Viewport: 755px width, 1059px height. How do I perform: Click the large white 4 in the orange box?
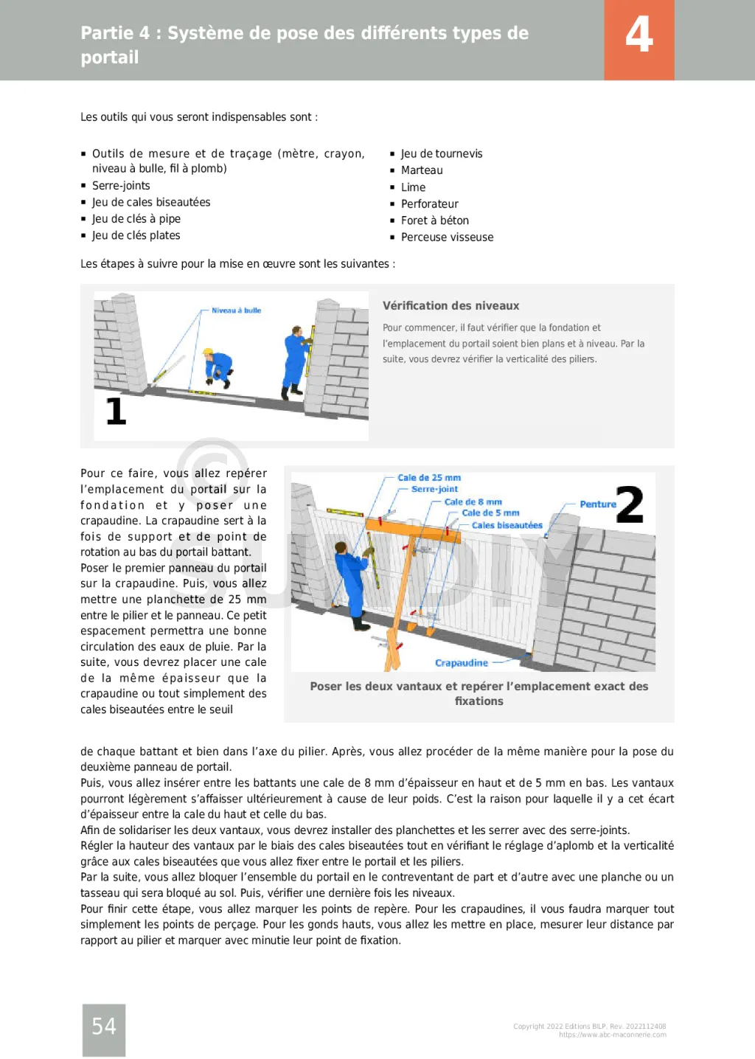click(639, 35)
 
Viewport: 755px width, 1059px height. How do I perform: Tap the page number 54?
click(104, 1026)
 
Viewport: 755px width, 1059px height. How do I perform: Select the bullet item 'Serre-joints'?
click(121, 186)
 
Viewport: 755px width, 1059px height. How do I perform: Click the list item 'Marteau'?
click(422, 170)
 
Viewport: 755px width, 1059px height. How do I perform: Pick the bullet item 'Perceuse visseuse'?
click(447, 237)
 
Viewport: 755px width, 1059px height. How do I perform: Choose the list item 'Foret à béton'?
click(434, 221)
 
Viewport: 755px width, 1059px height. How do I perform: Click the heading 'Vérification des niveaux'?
click(450, 306)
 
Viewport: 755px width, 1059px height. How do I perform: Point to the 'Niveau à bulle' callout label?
click(236, 310)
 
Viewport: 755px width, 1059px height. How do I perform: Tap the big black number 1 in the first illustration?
click(116, 411)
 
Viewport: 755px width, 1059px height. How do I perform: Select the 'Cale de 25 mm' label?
click(428, 478)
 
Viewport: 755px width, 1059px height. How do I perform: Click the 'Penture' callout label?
click(597, 504)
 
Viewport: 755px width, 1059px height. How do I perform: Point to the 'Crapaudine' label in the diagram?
click(461, 663)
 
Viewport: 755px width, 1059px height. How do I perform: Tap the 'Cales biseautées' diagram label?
click(507, 526)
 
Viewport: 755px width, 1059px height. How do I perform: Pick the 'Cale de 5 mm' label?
click(490, 513)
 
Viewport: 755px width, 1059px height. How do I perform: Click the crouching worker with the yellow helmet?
click(217, 367)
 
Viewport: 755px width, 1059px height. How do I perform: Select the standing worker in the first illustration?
click(296, 363)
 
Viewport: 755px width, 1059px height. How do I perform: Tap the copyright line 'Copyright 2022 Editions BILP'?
click(589, 1026)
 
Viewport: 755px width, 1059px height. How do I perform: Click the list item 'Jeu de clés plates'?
click(136, 236)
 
